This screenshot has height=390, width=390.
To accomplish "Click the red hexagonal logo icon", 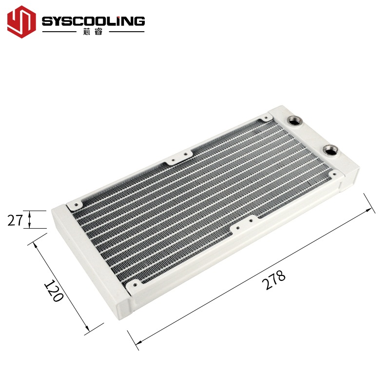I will click(22, 22).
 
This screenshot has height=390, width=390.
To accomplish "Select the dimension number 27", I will click(15, 220).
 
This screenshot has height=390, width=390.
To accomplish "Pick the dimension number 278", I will click(274, 280).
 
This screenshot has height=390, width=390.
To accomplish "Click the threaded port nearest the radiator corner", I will click(296, 120).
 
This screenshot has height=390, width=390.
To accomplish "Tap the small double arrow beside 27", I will click(29, 220).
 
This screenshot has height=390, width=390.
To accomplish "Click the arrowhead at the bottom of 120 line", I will click(88, 331).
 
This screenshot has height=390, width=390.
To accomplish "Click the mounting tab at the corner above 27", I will click(75, 203).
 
